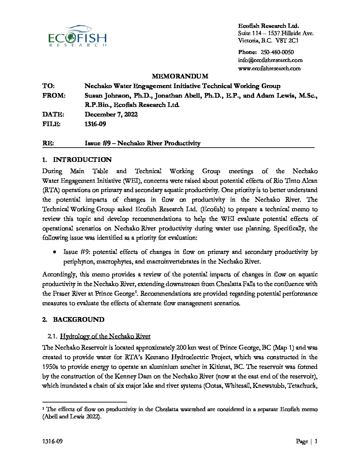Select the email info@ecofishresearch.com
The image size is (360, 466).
click(270, 60)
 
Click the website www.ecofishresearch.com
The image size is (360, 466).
click(269, 69)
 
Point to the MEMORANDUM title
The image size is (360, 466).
click(180, 76)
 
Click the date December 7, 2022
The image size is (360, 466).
click(111, 115)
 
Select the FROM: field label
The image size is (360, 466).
click(54, 96)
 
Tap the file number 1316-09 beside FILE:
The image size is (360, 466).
click(95, 124)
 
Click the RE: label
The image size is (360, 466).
click(48, 143)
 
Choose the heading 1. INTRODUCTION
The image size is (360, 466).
click(77, 160)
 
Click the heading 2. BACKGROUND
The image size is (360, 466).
click(73, 320)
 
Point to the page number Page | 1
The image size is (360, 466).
click(307, 442)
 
